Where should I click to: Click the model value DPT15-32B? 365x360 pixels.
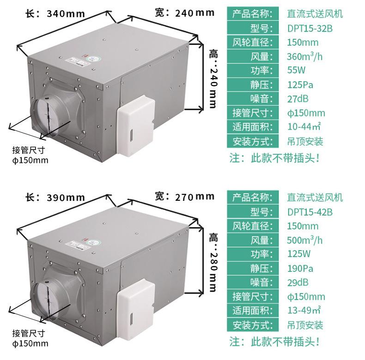click(x=310, y=28)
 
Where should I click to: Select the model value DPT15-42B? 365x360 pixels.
click(x=310, y=212)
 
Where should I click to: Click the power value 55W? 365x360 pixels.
click(x=296, y=71)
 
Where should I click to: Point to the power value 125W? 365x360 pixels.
click(x=298, y=254)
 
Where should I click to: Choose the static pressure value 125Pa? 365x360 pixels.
click(x=300, y=85)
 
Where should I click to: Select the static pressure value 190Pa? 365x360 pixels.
click(x=300, y=268)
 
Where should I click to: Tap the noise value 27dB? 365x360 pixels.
click(x=298, y=99)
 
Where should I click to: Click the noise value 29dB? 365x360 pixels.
click(x=298, y=282)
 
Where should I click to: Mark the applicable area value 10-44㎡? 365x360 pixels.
click(x=304, y=127)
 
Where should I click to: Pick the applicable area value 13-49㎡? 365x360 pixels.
click(x=304, y=311)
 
